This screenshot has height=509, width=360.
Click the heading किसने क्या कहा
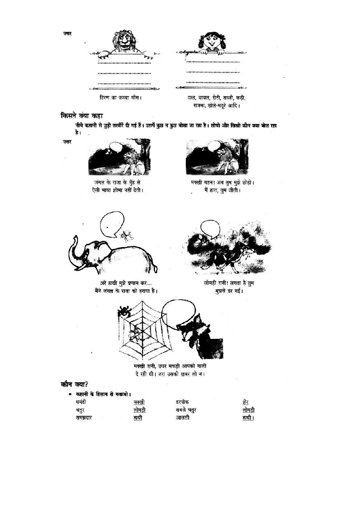tap(82, 116)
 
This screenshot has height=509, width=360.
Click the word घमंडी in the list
tap(81, 402)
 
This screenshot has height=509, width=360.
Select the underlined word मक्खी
tap(139, 402)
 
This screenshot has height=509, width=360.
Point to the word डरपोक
tap(183, 402)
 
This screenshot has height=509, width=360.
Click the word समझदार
tap(84, 418)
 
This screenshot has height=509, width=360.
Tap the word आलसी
tap(183, 418)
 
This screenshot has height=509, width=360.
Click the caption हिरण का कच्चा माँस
tap(120, 98)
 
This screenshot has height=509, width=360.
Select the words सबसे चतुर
tap(186, 410)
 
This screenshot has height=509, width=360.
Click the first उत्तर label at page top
tap(67, 34)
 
